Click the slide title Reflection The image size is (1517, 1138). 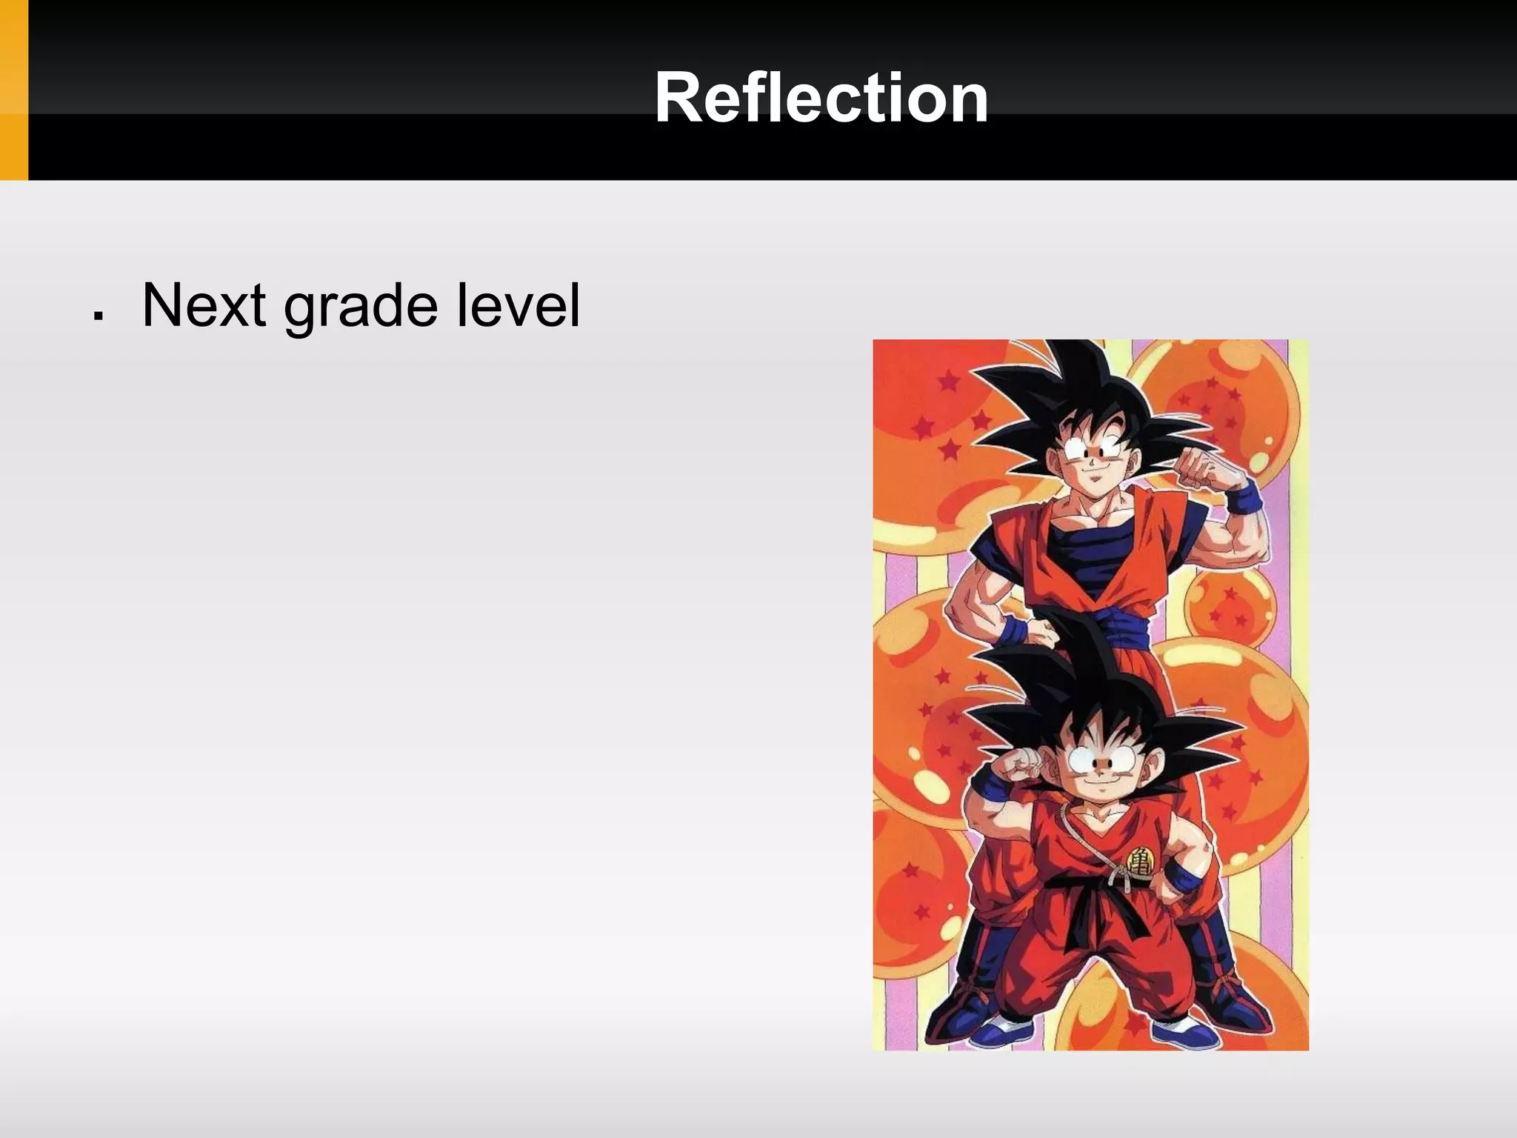(821, 99)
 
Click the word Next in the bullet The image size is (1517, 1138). (204, 305)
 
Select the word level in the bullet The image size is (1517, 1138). (518, 305)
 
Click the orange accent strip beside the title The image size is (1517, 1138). (13, 90)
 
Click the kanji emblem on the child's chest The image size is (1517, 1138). (1140, 860)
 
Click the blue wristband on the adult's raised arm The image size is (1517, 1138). (1244, 497)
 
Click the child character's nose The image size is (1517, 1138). (1102, 762)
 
